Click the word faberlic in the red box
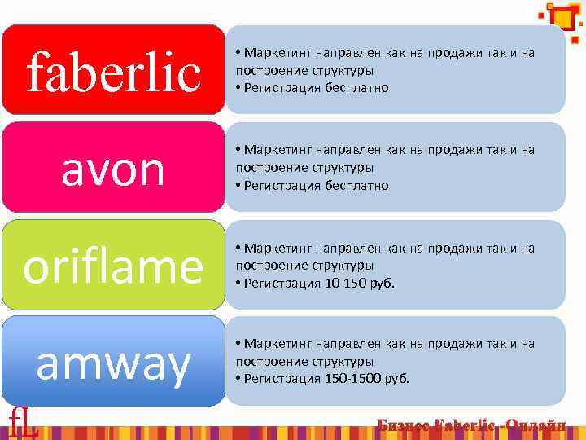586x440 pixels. click(x=113, y=71)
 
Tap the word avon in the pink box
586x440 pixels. click(x=113, y=169)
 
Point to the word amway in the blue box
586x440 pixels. click(x=113, y=363)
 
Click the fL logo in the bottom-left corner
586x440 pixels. click(x=23, y=423)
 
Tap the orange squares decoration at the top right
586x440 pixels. click(x=562, y=18)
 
